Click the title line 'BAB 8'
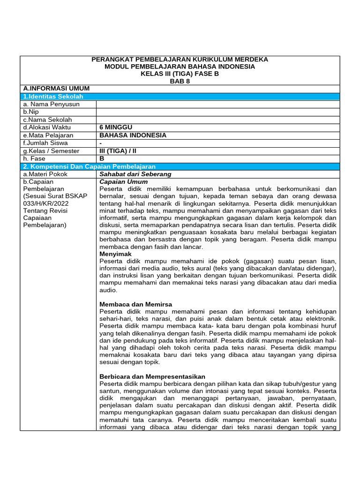180,81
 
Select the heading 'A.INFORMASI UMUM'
56,89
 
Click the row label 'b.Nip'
30,112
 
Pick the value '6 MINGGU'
116,127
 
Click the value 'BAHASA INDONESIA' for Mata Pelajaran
133,135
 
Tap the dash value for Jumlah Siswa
101,143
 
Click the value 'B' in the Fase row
102,158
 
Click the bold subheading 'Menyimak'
116,254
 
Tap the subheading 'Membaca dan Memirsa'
136,304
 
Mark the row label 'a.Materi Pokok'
45,174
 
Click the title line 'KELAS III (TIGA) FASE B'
180,74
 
